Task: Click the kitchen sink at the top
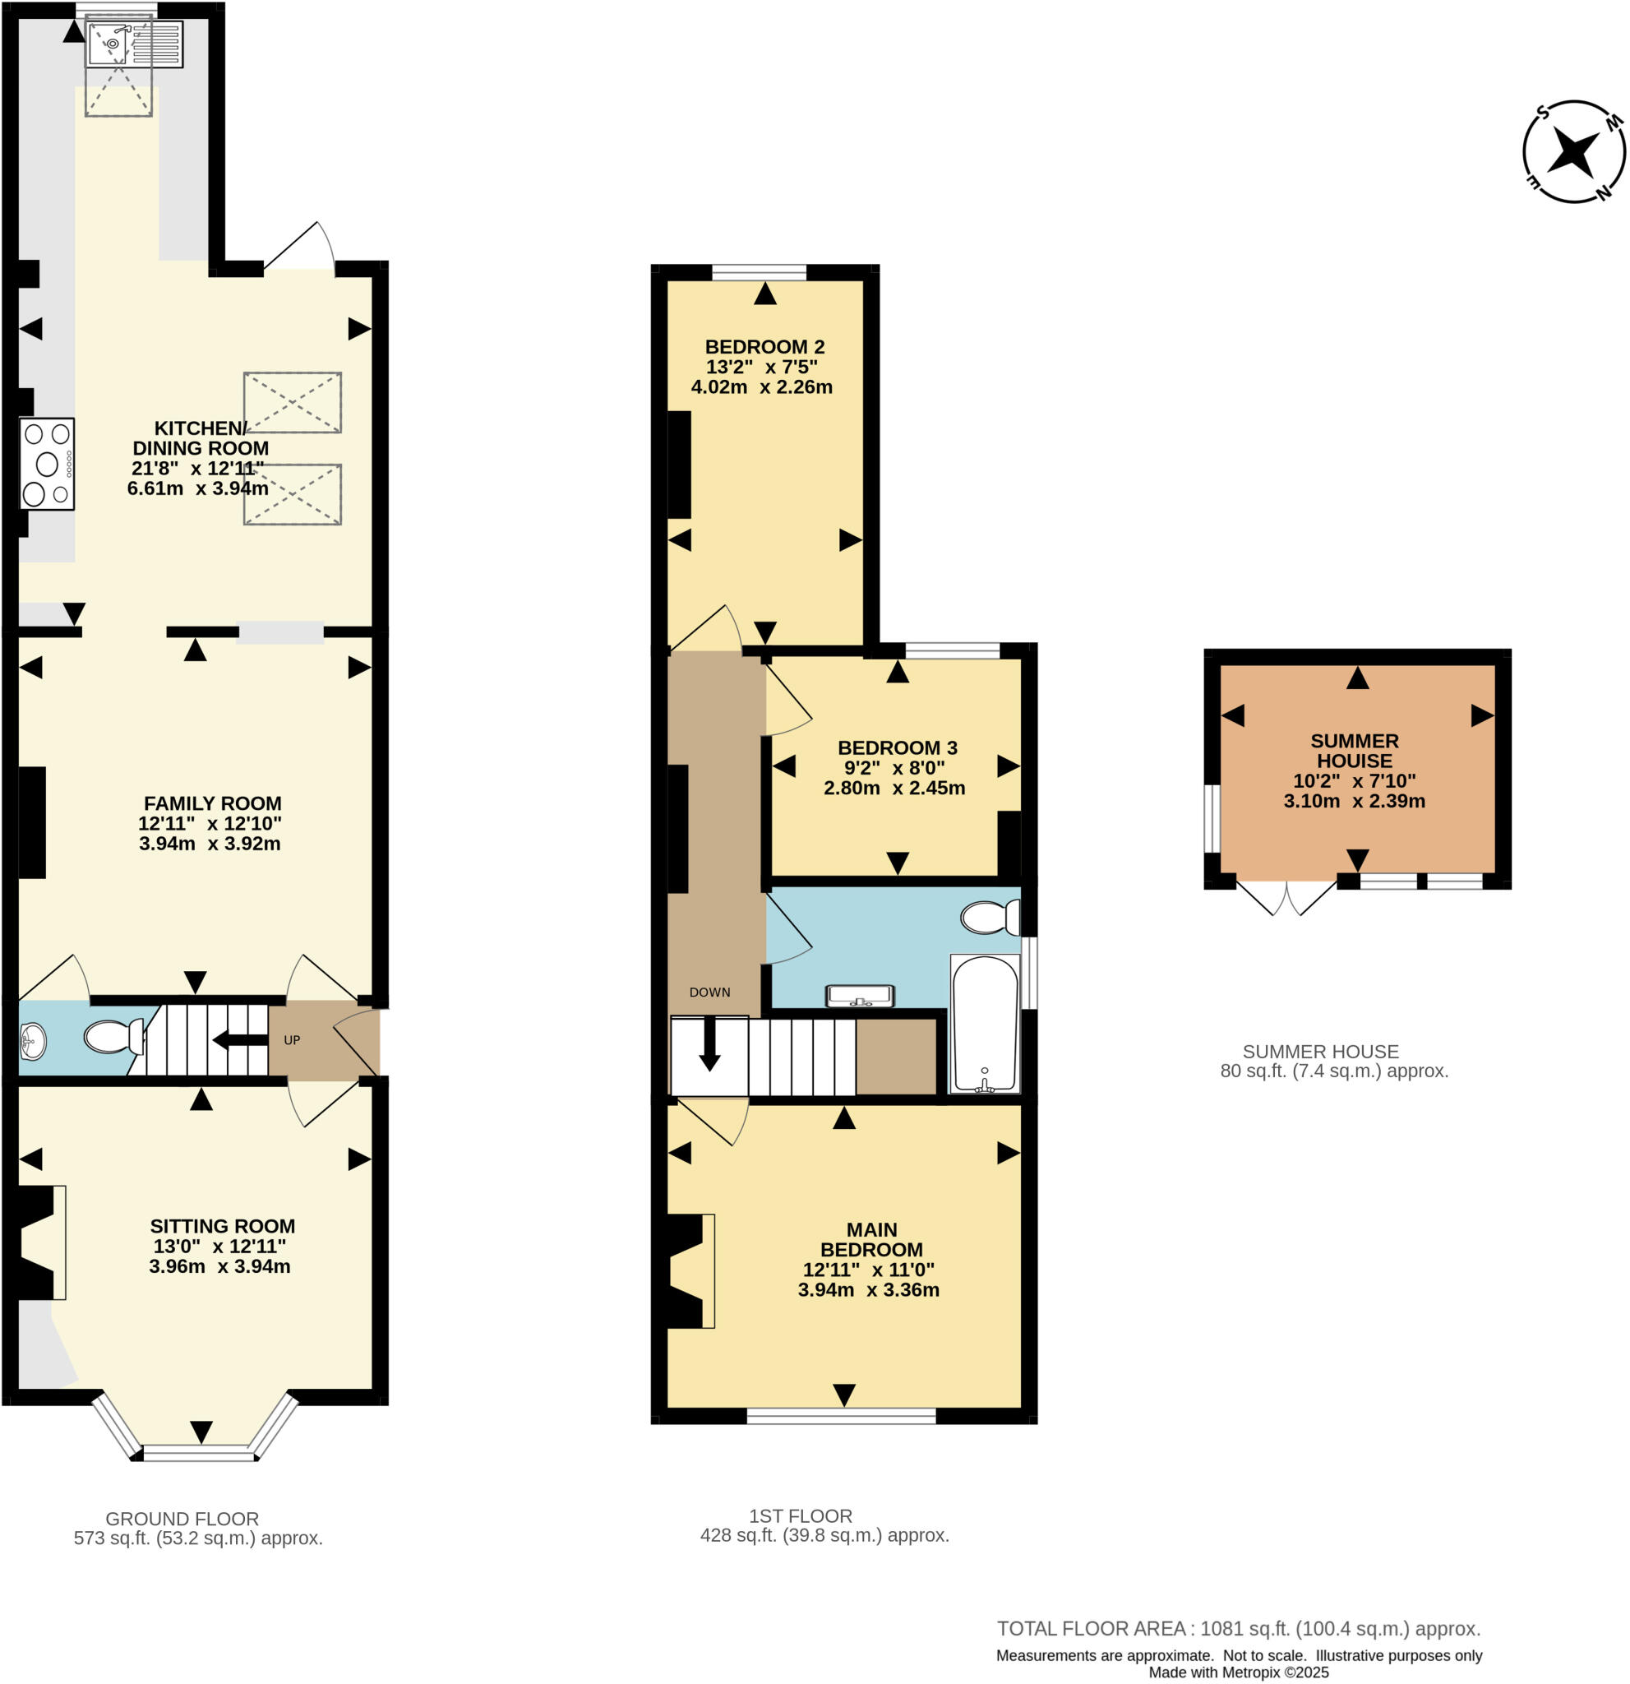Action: coord(133,44)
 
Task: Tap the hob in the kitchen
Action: coord(47,464)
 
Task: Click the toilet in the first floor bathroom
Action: coord(990,917)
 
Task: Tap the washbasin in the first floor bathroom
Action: coord(860,995)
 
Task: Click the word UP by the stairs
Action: coord(292,1039)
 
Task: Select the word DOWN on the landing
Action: coord(709,992)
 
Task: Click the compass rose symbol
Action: coord(1573,153)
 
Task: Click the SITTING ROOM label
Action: coord(223,1226)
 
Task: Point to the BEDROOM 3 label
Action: coord(897,747)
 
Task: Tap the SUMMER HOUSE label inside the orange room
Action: coord(1355,750)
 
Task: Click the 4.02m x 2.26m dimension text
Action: coord(761,386)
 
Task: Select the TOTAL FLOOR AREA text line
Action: coord(1239,1628)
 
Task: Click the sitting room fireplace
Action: coord(39,1242)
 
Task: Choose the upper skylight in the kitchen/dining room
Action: coord(292,402)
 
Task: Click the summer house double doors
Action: coord(1286,897)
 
